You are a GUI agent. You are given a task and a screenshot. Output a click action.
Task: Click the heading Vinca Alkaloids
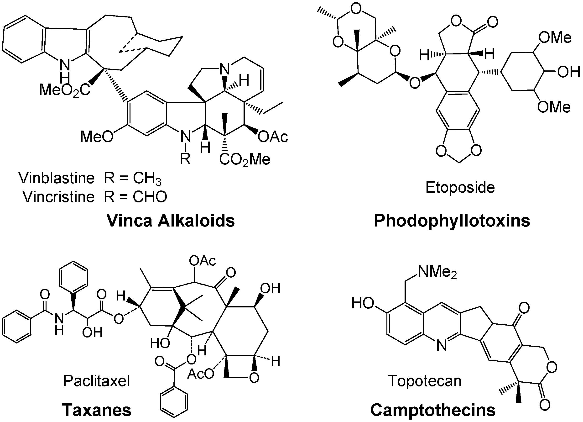point(171,221)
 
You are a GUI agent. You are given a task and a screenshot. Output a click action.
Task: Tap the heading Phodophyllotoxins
point(452,221)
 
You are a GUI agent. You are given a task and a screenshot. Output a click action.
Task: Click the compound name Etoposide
point(460,187)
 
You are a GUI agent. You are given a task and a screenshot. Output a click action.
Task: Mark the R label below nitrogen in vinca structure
point(185,159)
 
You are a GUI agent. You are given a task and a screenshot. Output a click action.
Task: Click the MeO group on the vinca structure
point(97,136)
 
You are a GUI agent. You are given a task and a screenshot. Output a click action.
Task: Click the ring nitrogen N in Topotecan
point(442,346)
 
